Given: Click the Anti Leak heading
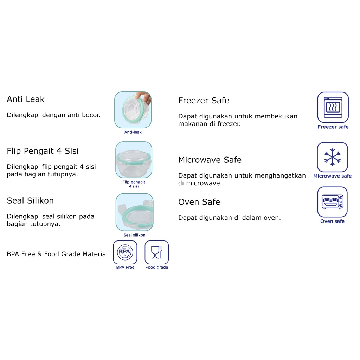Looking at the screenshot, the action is [26, 99].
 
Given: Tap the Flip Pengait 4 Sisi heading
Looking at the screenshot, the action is [43, 151].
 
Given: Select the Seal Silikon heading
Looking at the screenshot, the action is [30, 200].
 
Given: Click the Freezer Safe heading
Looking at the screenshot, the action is [204, 100].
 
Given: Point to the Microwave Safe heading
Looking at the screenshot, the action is [210, 160].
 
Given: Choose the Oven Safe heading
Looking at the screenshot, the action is [199, 202].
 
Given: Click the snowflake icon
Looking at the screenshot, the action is [332, 157].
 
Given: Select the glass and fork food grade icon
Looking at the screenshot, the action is [156, 252].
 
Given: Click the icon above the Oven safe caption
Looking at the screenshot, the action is [332, 202].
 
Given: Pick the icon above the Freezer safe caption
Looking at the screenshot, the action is [333, 107].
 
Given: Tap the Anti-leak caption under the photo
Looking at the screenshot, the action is [133, 132].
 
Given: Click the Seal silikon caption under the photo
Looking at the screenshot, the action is [134, 235].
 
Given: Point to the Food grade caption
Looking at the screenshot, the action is [156, 267].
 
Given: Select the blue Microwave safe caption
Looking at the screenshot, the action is [333, 176].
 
